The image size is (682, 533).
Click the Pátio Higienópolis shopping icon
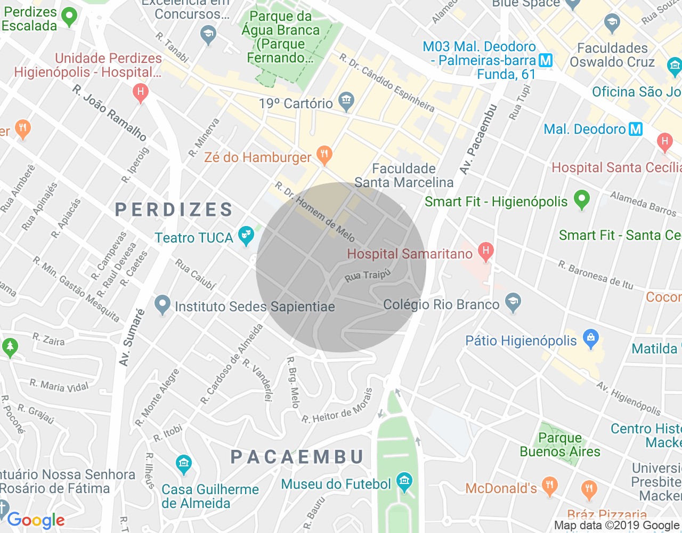click(590, 338)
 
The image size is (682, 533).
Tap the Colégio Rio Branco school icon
click(513, 302)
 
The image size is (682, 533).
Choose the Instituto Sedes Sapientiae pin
click(162, 304)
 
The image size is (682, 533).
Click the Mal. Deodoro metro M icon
click(636, 129)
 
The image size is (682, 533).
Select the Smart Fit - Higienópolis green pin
click(582, 199)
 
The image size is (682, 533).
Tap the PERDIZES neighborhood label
click(174, 209)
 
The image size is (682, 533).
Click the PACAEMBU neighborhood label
click(297, 457)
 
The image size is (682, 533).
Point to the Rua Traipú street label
click(368, 276)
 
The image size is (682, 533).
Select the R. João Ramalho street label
click(110, 113)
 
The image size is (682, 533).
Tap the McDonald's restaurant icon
click(549, 486)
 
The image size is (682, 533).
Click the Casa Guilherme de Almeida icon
click(183, 463)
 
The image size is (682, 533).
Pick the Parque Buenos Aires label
click(560, 445)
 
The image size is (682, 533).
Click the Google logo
click(36, 520)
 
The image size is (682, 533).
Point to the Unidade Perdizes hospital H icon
click(140, 92)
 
